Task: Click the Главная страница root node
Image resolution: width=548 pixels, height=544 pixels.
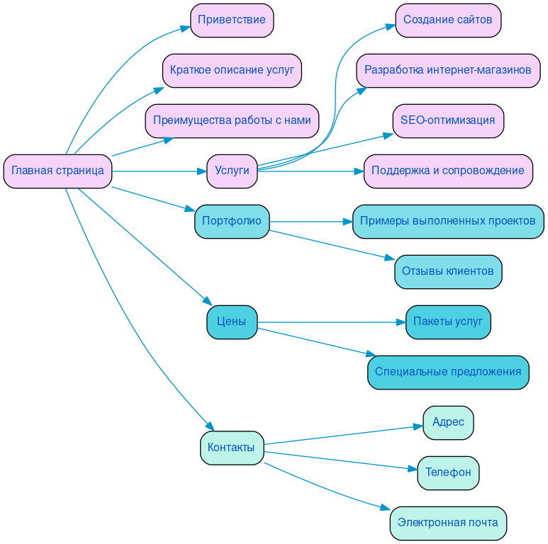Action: point(57,171)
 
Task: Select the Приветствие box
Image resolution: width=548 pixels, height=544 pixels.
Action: point(232,20)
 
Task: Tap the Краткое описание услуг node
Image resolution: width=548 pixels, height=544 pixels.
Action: point(232,70)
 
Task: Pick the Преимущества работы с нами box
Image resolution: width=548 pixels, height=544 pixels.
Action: point(232,120)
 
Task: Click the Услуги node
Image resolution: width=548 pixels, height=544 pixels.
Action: point(232,171)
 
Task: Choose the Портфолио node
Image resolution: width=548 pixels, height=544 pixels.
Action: point(232,221)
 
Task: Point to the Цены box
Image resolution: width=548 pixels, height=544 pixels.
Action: point(232,322)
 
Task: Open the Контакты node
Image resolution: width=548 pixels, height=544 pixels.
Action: point(232,448)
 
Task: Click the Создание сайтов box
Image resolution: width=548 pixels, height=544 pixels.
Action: point(448,20)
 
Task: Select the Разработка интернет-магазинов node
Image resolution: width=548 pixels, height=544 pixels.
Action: point(448,70)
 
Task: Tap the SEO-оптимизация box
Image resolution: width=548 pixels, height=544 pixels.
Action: point(448,120)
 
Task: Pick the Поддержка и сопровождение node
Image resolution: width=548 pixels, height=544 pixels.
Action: point(448,171)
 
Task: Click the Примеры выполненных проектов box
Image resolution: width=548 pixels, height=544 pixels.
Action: point(448,221)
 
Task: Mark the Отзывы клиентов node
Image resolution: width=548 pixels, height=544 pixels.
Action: point(448,271)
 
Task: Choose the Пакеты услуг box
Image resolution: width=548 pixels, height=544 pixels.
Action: point(448,322)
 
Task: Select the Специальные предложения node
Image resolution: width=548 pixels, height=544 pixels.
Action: point(448,372)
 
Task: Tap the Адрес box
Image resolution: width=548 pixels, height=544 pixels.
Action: point(448,422)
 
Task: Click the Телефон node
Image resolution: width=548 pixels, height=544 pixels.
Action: point(448,472)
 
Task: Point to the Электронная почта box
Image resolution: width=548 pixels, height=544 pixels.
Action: point(448,523)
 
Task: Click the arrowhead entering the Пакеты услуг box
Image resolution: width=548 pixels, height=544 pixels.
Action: point(400,322)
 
